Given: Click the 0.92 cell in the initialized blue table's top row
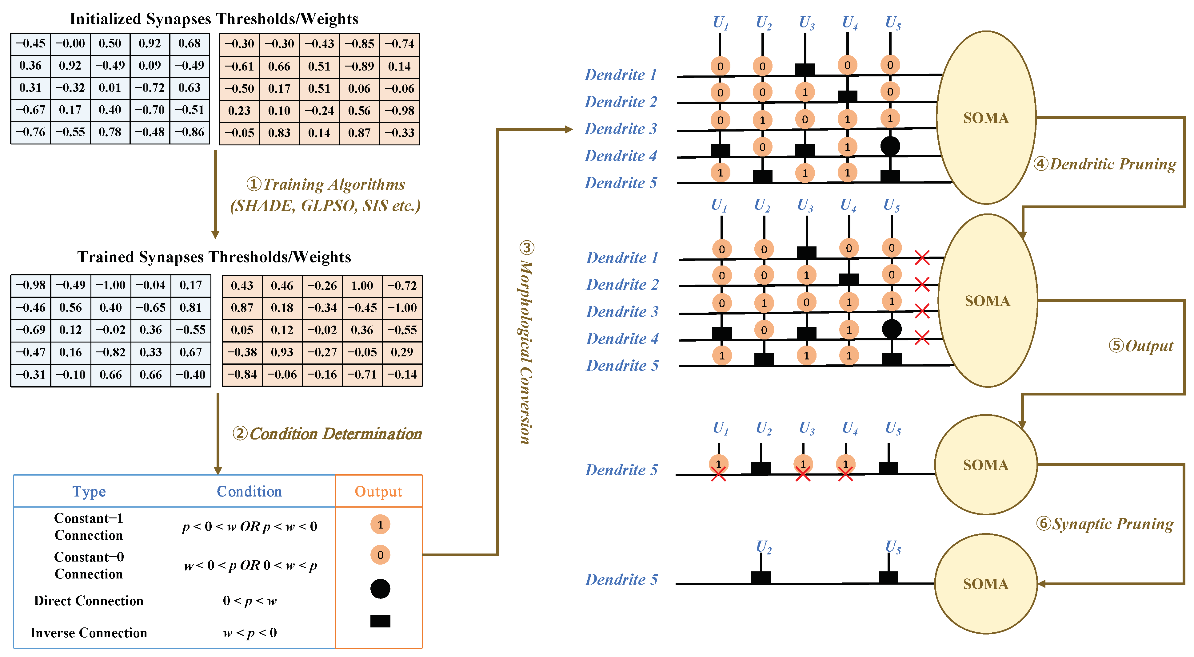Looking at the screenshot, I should pyautogui.click(x=150, y=44).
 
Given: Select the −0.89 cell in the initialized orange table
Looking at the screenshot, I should pyautogui.click(x=359, y=66).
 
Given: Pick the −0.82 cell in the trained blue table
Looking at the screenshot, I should pyautogui.click(x=111, y=352).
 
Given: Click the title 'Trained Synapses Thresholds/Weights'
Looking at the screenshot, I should pyautogui.click(x=214, y=257).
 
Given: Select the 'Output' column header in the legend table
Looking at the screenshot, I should pyautogui.click(x=378, y=491).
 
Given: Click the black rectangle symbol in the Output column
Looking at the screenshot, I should pyautogui.click(x=380, y=621).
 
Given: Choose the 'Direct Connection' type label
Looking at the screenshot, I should pyautogui.click(x=89, y=601).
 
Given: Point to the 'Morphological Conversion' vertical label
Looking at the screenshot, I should pyautogui.click(x=525, y=343).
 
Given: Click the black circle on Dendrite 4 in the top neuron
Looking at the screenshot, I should pyautogui.click(x=890, y=146).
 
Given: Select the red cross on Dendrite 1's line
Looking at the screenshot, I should pyautogui.click(x=922, y=258).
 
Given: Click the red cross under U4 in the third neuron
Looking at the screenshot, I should pyautogui.click(x=845, y=474).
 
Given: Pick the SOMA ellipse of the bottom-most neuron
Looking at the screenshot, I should pyautogui.click(x=985, y=584).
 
